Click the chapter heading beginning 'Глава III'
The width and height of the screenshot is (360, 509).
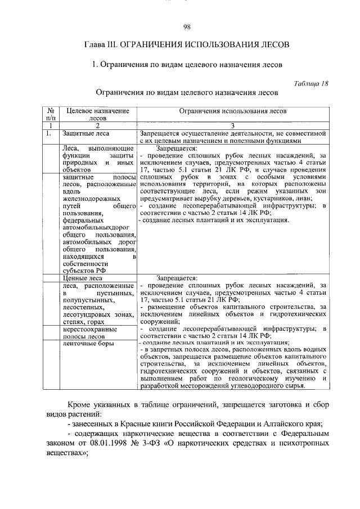(x=187, y=44)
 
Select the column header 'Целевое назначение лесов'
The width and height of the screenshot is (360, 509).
(x=93, y=115)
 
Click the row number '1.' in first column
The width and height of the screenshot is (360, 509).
(x=49, y=133)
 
